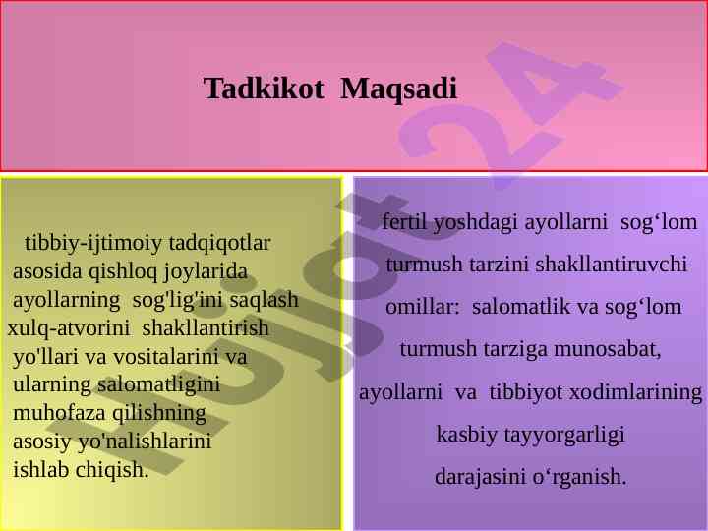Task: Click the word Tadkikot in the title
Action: coord(264,88)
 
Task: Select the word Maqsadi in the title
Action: coord(398,89)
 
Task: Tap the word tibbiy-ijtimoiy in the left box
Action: coord(93,244)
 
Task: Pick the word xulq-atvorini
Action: coord(69,328)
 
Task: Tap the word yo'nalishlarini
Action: coord(145,442)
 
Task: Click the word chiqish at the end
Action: coord(112,470)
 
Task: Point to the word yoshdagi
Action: coord(475,222)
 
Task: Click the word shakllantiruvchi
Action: coord(612,265)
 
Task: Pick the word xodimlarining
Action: coord(636,392)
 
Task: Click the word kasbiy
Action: coord(466,435)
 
